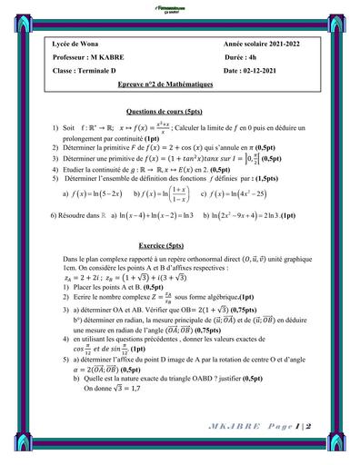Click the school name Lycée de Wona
[x=78, y=45]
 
